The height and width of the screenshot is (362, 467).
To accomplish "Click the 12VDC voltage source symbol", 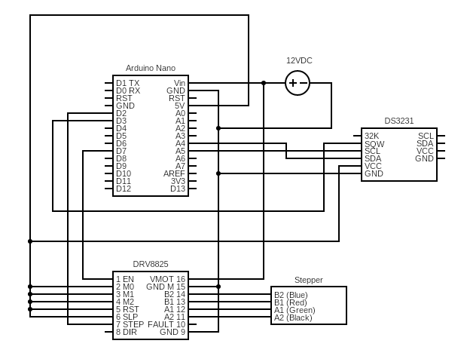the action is tap(298, 83).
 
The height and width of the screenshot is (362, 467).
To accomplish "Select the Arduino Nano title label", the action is tap(151, 68).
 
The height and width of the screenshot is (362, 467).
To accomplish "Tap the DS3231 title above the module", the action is tap(398, 121).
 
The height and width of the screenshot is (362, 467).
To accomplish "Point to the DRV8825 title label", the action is tap(151, 264).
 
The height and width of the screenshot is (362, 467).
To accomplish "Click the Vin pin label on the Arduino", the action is tap(179, 83).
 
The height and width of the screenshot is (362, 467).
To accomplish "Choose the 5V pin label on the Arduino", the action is tap(179, 106).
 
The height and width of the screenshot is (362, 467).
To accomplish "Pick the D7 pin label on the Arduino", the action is tap(121, 151).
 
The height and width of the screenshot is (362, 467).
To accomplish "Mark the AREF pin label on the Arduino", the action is tap(174, 173).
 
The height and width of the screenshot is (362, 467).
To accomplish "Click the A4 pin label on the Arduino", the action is tap(180, 143).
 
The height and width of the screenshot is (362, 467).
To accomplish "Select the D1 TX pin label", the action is tap(128, 83).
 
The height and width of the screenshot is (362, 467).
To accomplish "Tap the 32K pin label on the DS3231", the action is tap(371, 136).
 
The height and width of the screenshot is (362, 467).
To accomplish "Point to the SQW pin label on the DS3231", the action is tap(374, 144).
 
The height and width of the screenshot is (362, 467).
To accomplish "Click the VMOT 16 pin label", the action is tap(167, 279).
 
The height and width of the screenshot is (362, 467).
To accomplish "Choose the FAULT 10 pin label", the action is tap(166, 324).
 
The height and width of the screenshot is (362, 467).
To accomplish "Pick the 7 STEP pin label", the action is tap(130, 324).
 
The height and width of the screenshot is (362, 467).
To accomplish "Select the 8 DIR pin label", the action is tap(127, 332).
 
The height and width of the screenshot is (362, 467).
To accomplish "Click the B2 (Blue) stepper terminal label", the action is tap(291, 295).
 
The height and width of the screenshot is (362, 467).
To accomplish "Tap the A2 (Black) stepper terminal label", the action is tap(293, 318).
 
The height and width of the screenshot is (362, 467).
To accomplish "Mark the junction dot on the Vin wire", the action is tap(264, 83).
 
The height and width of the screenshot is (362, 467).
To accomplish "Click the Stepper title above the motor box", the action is tap(309, 280).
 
